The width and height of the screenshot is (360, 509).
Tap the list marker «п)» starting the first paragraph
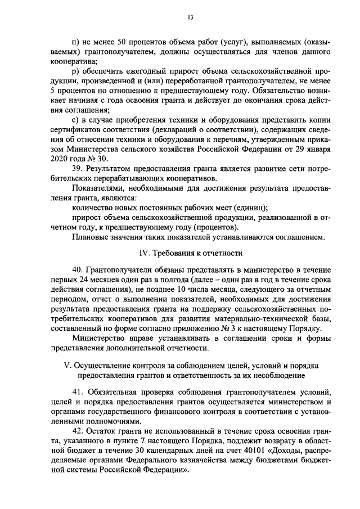pos(77,43)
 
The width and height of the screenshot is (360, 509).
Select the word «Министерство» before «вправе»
pos(100,337)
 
